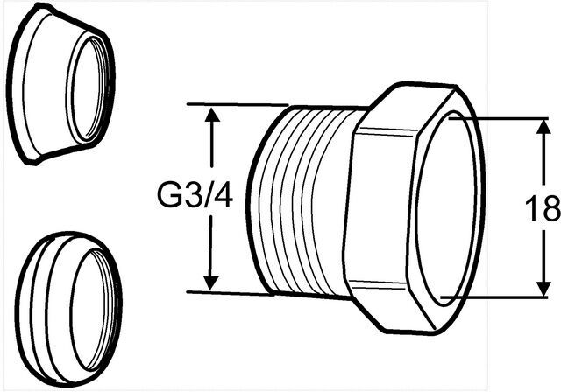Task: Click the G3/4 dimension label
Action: pos(195,198)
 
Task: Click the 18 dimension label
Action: pos(543,209)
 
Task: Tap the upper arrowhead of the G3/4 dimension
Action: pos(212,115)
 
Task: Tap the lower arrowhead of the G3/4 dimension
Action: pos(211,281)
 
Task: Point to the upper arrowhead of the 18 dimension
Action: pos(543,127)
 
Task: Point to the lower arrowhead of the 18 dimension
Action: pos(543,288)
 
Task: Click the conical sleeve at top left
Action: pos(60,84)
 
